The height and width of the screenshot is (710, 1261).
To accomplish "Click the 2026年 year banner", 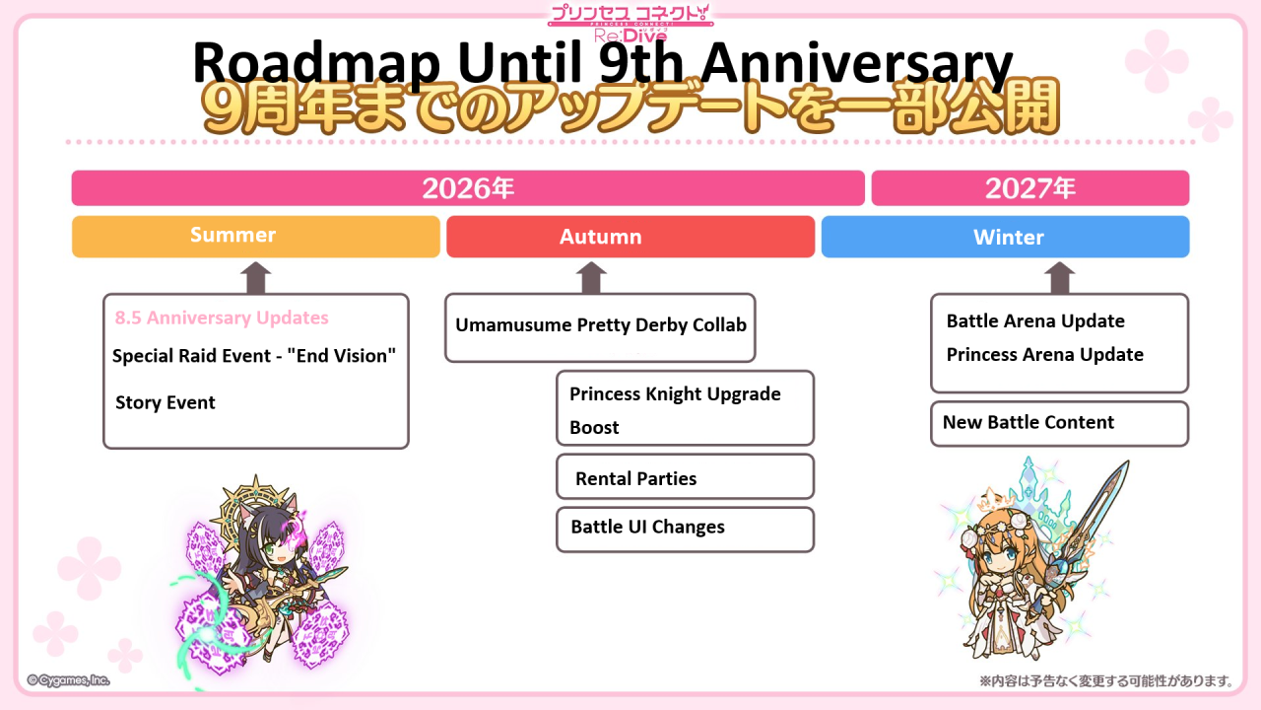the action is click(468, 188).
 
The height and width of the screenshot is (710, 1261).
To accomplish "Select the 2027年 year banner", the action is click(1030, 188).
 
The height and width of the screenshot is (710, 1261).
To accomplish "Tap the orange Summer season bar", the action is click(256, 237).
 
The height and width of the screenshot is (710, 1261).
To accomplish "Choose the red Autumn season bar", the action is click(630, 237).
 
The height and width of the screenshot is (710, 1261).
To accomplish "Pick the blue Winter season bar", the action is click(1006, 237).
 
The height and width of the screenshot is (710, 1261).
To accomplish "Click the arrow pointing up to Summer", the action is click(255, 278).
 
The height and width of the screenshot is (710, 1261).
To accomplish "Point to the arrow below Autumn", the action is click(591, 278).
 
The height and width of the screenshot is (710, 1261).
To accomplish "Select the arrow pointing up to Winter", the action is click(1059, 278).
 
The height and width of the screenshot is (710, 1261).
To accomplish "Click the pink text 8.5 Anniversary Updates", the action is click(222, 318).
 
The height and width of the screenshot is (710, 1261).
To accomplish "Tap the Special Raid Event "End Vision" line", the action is click(254, 356).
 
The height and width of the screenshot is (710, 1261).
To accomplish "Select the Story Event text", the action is click(165, 403).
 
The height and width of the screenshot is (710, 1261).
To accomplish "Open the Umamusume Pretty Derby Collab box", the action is click(600, 327).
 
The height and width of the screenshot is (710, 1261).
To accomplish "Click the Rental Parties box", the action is click(685, 476).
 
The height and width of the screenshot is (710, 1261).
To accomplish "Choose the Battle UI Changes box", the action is click(685, 530).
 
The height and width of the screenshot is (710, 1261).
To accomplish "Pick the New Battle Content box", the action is click(1059, 424).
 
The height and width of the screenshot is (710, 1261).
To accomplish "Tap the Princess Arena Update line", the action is click(1045, 355).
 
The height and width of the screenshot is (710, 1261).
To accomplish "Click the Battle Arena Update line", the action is click(1035, 321).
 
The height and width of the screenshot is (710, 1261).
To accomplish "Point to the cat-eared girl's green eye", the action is click(271, 547).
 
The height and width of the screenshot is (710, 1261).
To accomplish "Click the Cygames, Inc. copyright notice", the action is click(68, 680).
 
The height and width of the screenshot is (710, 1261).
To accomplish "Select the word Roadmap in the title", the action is click(316, 63).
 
